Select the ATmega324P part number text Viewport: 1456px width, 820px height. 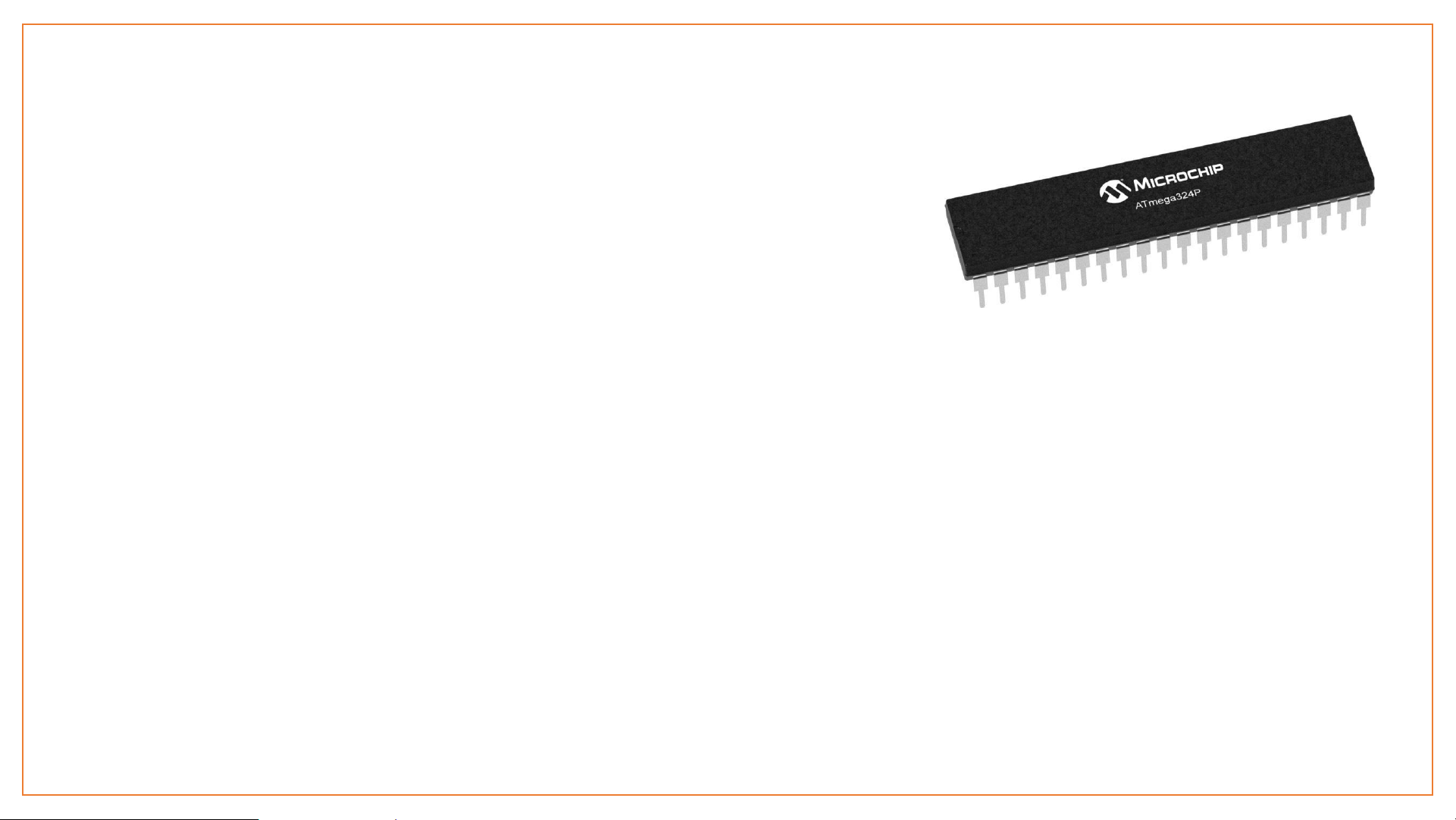click(1167, 200)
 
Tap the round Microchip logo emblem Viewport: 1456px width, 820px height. click(1114, 192)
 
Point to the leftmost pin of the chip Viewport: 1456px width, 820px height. click(981, 292)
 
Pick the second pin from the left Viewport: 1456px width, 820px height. click(1001, 288)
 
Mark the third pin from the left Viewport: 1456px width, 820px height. click(1022, 284)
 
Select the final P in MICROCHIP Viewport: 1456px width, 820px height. click(1218, 169)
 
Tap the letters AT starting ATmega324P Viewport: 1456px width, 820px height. click(1141, 205)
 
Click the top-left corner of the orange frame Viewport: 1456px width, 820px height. click(23, 25)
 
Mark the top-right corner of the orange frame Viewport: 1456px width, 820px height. click(1433, 25)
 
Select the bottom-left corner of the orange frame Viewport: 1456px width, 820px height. click(23, 795)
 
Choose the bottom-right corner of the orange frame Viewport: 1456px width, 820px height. click(1433, 795)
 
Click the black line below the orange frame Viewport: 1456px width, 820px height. click(129, 819)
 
